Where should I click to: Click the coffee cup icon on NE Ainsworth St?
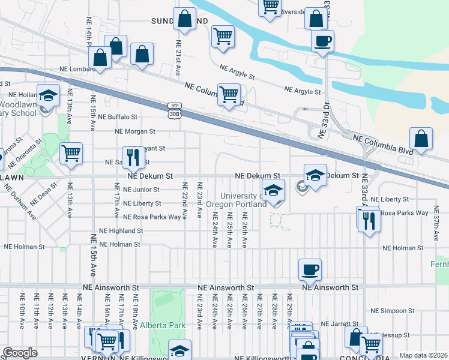coord(310,269)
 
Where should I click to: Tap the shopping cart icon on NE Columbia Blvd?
coord(229,94)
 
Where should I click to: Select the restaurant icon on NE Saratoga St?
coord(134,157)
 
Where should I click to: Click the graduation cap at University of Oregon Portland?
coord(273,190)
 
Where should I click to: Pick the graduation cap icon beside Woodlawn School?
coord(47,95)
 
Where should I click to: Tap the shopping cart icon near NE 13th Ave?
coord(71,153)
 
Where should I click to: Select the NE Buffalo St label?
coord(118,117)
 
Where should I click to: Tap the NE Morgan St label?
coord(135,131)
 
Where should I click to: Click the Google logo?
coord(20,353)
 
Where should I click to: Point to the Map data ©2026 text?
coord(424,355)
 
